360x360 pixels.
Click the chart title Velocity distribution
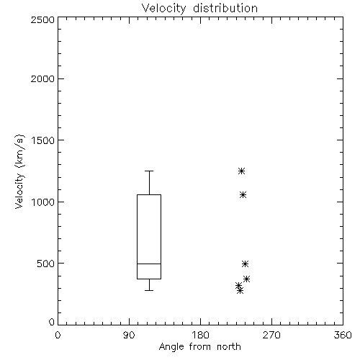pos(199,8)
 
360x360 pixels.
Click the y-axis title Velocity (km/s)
pos(19,171)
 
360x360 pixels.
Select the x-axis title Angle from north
pos(199,346)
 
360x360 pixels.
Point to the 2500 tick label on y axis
pos(42,19)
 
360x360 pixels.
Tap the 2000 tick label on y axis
pos(42,78)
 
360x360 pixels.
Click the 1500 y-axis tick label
pos(43,140)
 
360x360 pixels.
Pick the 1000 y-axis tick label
pos(43,202)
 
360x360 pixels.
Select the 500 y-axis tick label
pos(46,264)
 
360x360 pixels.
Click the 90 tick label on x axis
pos(129,335)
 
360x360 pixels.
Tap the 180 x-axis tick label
pos(200,335)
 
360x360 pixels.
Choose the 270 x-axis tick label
pos(271,335)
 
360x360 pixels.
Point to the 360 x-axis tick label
pos(343,335)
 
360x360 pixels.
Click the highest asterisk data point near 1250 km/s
pos(241,171)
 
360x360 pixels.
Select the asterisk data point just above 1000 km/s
pos(243,194)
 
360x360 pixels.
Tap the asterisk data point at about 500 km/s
pos(245,264)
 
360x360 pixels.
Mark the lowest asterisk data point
pos(240,291)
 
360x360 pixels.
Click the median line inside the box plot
pos(149,264)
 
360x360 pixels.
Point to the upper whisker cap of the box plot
pos(149,171)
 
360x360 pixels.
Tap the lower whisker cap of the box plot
pos(149,290)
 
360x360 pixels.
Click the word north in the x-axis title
pos(229,346)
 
